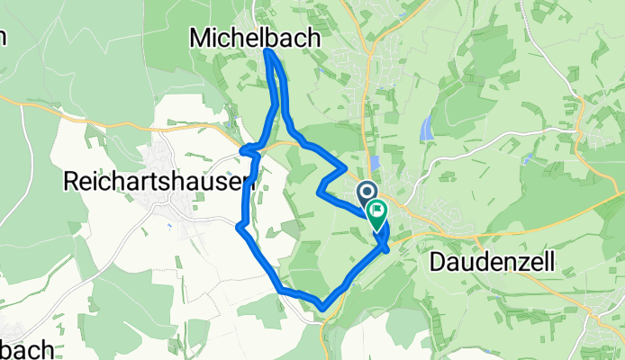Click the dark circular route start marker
point(367,191)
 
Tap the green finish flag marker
point(376,214)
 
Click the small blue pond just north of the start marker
point(375,162)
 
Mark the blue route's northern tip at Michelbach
point(268,51)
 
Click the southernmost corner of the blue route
point(322,309)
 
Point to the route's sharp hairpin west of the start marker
point(320,190)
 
